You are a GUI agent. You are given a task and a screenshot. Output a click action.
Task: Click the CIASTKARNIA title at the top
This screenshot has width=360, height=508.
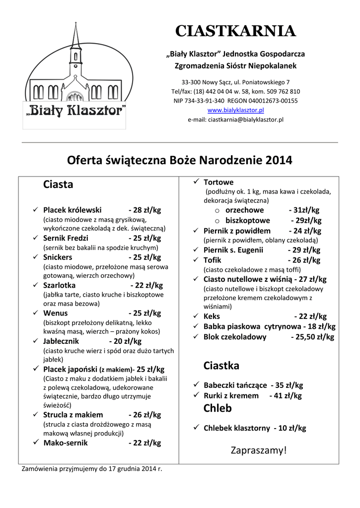click(x=235, y=31)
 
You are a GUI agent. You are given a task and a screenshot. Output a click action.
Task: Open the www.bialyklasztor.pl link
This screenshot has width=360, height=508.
click(x=235, y=110)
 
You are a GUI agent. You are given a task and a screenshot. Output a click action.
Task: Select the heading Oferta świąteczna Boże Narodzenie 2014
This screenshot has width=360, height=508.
click(x=179, y=161)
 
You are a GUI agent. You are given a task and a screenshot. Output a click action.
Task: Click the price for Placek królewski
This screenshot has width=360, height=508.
click(x=144, y=210)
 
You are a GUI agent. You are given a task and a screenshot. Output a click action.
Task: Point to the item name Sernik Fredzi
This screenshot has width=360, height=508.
click(x=66, y=238)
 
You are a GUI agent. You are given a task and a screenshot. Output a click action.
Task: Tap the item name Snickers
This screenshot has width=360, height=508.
click(x=58, y=257)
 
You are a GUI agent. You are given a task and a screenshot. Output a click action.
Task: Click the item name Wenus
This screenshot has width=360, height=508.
click(x=55, y=313)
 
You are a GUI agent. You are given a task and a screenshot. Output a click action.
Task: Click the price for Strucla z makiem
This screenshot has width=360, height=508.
click(x=144, y=415)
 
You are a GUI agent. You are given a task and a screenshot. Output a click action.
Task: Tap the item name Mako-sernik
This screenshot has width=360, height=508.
click(x=66, y=443)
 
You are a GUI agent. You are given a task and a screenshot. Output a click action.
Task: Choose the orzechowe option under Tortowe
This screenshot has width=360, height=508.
click(x=245, y=210)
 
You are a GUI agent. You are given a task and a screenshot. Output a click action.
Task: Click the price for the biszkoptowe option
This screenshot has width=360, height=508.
click(x=306, y=220)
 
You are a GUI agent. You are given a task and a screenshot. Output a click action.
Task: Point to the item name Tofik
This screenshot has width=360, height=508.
click(x=213, y=260)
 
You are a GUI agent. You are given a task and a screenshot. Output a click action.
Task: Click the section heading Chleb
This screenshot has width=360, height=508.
click(x=217, y=408)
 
